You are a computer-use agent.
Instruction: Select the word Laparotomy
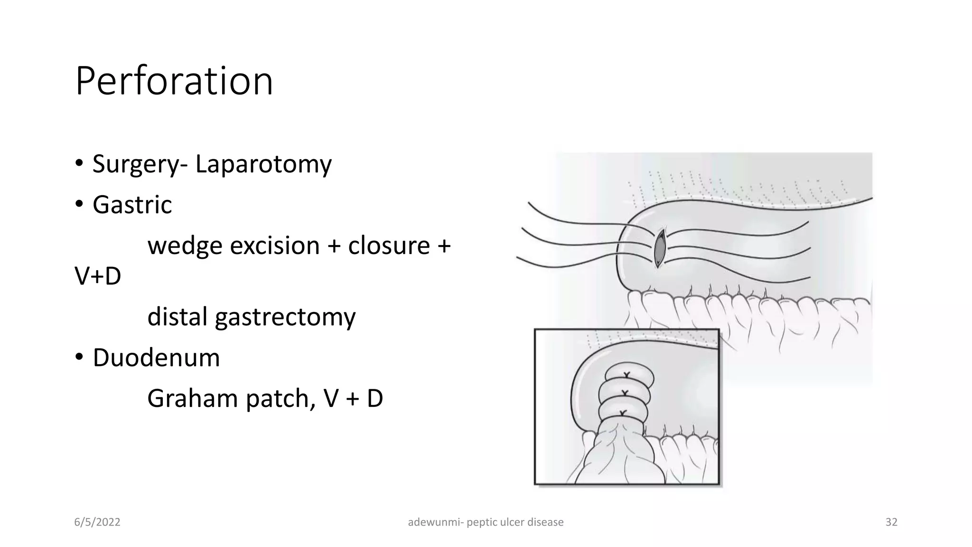point(263,164)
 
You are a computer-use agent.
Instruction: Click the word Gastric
point(132,205)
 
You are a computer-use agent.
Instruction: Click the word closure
point(389,246)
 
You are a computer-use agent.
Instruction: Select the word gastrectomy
point(285,317)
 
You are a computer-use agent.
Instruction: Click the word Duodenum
point(156,358)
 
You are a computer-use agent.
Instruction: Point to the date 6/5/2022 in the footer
point(97,522)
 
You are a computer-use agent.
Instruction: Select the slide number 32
point(891,522)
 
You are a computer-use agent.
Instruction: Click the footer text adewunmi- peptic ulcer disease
point(486,522)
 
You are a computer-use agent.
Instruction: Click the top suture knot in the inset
point(626,376)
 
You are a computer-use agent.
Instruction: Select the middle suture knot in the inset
point(625,393)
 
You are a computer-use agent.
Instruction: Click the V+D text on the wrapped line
point(98,276)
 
